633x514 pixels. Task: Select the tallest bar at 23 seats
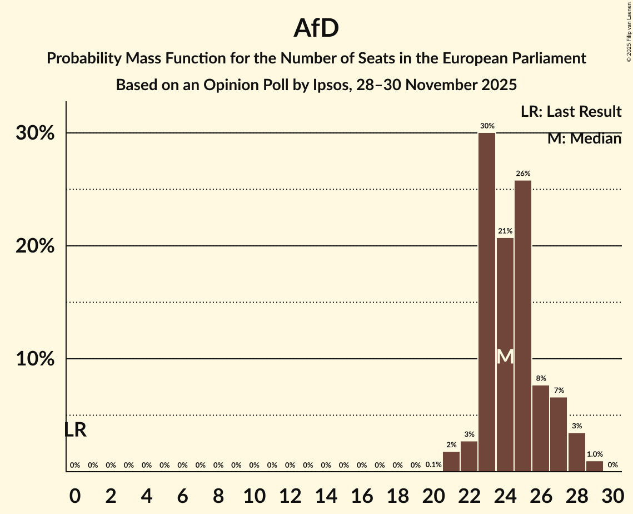coord(487,303)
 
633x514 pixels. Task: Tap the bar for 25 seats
coord(523,327)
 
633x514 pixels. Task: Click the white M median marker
coord(505,357)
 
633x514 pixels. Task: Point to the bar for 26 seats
coord(541,428)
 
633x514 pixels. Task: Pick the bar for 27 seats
coord(559,434)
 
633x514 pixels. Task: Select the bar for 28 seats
coord(576,452)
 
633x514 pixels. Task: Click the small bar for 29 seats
coord(595,466)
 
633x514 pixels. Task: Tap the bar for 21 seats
coord(451,462)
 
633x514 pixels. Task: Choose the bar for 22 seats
coord(469,457)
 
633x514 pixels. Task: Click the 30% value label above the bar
coord(487,126)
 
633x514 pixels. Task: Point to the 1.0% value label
coord(595,454)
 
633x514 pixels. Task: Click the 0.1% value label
coord(433,465)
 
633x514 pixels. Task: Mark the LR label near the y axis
coord(75,430)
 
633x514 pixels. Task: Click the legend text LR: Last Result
coord(571,112)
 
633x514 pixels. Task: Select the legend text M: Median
coord(584,139)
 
